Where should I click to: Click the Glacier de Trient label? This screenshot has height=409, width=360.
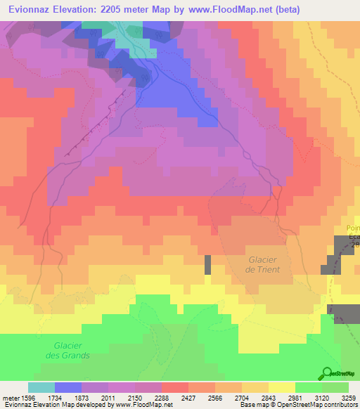click(x=264, y=264)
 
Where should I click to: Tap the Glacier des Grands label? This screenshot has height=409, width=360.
click(x=72, y=350)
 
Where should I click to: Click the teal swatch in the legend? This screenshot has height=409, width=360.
click(x=41, y=387)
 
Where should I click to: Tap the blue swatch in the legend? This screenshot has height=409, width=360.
click(x=67, y=387)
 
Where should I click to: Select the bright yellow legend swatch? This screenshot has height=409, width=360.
click(x=281, y=387)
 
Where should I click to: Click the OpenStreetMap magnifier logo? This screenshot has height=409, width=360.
click(x=326, y=373)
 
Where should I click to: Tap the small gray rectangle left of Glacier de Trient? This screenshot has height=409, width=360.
click(x=207, y=265)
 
